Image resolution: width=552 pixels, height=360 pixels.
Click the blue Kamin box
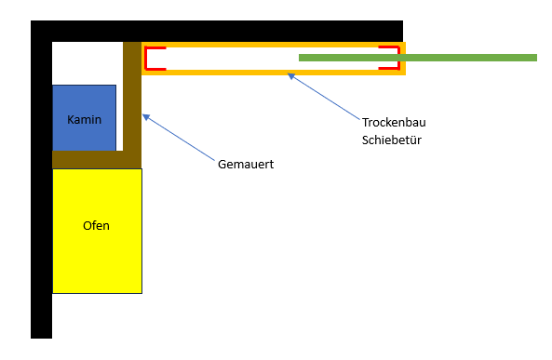point(84,118)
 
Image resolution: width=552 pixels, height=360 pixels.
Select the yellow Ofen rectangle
point(97,231)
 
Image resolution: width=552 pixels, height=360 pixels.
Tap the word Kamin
point(84,120)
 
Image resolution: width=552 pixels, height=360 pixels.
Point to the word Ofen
point(96,225)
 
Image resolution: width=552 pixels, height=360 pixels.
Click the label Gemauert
point(246,165)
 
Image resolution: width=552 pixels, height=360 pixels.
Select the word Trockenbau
point(394,123)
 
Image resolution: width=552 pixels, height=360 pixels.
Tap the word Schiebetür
point(392,140)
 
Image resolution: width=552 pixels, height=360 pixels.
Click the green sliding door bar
point(418,58)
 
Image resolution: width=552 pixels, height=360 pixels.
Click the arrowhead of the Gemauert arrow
point(146,117)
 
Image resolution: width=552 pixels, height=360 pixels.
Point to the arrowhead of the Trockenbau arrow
point(291,75)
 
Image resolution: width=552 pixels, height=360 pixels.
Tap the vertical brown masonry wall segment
point(132,105)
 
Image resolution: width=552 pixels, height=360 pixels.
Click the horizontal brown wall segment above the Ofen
point(97,159)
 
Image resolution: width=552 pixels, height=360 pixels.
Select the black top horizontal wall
point(217,31)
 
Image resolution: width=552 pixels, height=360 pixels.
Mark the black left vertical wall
point(41,180)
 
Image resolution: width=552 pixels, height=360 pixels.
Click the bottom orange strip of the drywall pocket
point(274,73)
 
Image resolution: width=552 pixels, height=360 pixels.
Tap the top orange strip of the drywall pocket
point(274,45)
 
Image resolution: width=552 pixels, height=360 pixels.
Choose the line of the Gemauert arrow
point(179,138)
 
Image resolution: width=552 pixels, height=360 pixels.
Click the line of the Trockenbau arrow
point(324,97)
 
